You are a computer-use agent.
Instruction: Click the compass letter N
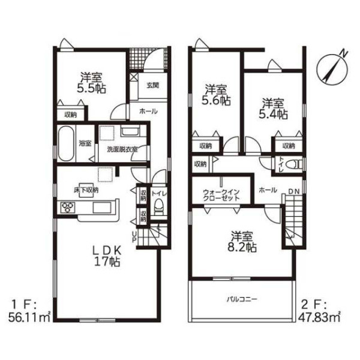[x=343, y=53]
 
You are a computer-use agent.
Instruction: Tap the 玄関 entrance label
[x=152, y=85]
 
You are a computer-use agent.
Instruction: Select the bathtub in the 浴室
[x=66, y=143]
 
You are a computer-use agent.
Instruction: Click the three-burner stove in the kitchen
[x=67, y=208]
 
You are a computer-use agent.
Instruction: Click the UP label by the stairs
[x=134, y=237]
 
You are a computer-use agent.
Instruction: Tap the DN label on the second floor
[x=294, y=191]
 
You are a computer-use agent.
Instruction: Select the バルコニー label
[x=242, y=299]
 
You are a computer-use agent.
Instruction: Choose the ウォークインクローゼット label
[x=221, y=194]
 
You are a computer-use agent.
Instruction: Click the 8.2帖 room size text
[x=242, y=247]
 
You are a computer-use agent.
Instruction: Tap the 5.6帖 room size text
[x=216, y=100]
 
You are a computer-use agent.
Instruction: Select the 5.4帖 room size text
[x=273, y=114]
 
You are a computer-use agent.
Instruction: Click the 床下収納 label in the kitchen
[x=86, y=190]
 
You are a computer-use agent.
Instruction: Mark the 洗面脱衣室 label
[x=122, y=149]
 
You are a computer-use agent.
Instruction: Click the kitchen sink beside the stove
[x=102, y=208]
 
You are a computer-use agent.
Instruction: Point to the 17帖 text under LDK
[x=107, y=262]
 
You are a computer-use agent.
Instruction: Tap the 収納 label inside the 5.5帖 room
[x=70, y=115]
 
